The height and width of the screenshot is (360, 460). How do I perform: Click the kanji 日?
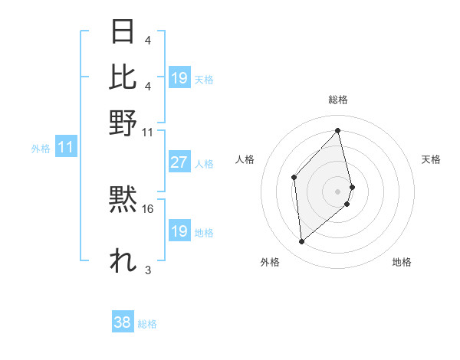(x=123, y=32)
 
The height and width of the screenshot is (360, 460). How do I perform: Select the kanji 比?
(x=123, y=78)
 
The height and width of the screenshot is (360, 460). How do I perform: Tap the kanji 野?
(x=123, y=123)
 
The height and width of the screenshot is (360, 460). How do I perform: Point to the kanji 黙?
(x=123, y=201)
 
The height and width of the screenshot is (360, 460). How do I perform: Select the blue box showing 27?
(x=179, y=162)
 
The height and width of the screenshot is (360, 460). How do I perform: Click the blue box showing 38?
(x=122, y=322)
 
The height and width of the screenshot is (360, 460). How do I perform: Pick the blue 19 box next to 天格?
(x=179, y=78)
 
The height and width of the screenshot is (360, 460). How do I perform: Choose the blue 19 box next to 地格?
(x=179, y=231)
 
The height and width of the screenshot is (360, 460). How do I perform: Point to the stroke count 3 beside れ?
(x=147, y=270)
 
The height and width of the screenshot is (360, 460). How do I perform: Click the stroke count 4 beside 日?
(x=147, y=40)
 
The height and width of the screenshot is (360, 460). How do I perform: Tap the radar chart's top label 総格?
(x=338, y=100)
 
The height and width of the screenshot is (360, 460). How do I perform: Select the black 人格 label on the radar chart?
(x=245, y=159)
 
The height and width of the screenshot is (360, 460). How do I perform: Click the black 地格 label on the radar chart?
(x=402, y=262)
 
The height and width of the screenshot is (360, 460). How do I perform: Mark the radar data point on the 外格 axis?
(x=302, y=242)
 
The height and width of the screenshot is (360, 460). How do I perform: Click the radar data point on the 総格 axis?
(x=338, y=130)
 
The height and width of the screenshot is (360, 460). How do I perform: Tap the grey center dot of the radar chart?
(x=338, y=190)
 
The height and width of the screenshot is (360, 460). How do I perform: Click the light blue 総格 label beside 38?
(x=147, y=324)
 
